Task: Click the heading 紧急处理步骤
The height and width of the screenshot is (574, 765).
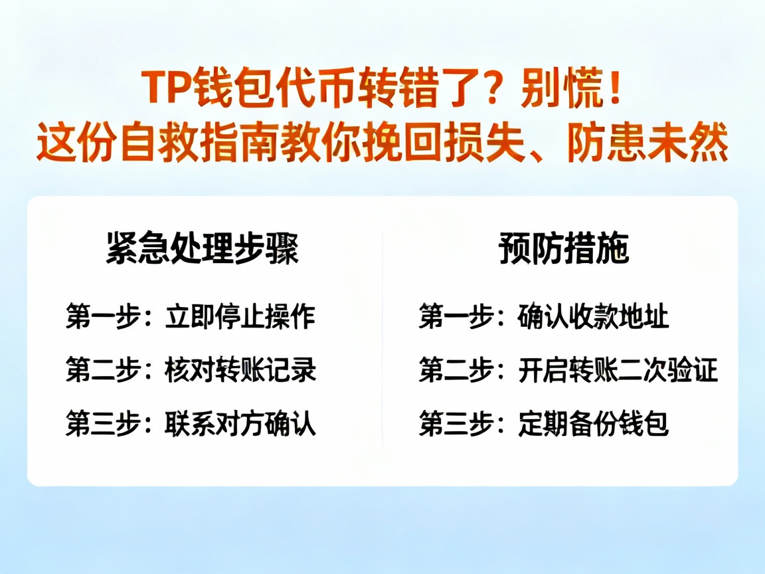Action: [203, 250]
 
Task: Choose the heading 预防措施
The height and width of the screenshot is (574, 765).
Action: [564, 250]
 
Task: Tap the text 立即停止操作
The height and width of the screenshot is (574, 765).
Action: [240, 318]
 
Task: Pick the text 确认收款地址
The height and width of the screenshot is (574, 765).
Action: [593, 318]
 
